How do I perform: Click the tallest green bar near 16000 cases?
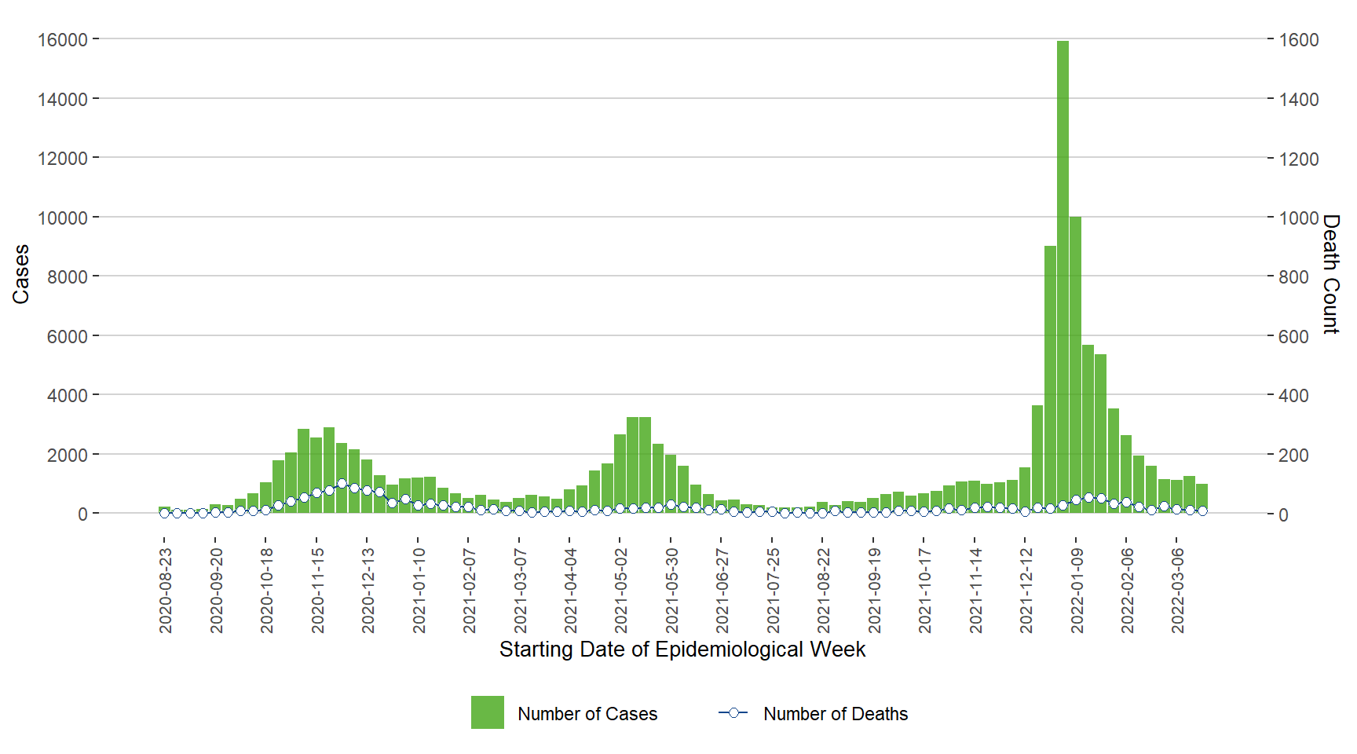click(x=1063, y=275)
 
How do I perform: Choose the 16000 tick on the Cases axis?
click(x=62, y=39)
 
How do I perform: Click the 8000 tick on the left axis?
click(x=67, y=276)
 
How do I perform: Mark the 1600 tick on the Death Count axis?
click(x=1298, y=39)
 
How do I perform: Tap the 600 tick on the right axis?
click(x=1293, y=336)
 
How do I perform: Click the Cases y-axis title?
click(x=21, y=273)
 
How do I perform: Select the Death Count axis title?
click(x=1330, y=273)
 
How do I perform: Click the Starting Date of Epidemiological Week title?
click(x=682, y=650)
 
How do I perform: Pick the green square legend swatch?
click(x=487, y=712)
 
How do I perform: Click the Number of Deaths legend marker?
click(x=733, y=712)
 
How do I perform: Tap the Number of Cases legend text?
click(x=587, y=714)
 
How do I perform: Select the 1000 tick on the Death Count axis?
click(x=1298, y=218)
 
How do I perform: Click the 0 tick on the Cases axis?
click(x=82, y=514)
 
